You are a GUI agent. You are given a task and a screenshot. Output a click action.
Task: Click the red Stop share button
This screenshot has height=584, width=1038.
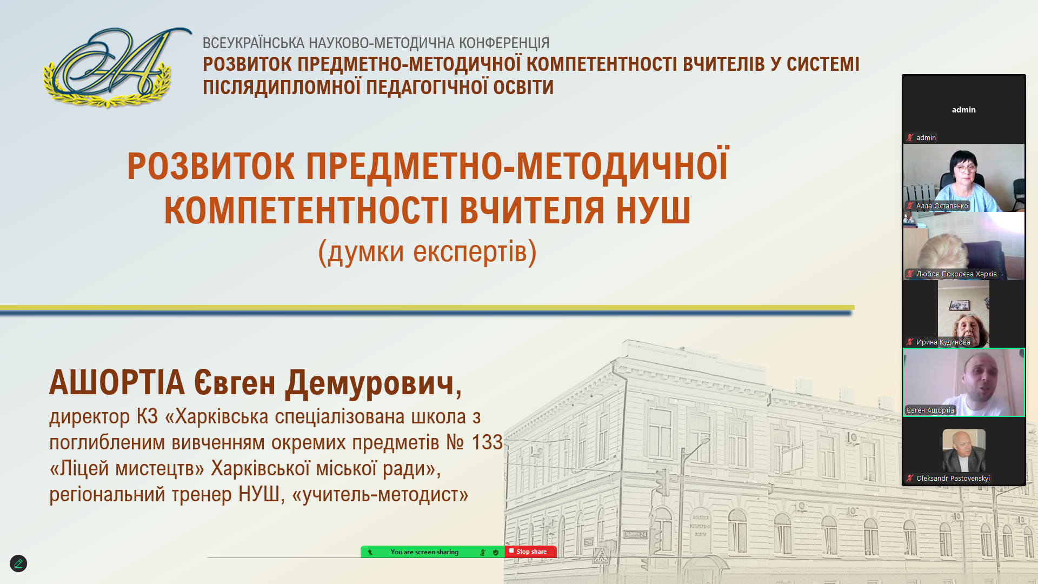(x=530, y=552)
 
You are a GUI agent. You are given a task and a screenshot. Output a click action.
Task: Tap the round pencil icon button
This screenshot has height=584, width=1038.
(x=18, y=563)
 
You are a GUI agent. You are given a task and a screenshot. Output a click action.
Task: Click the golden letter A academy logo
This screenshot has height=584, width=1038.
(x=117, y=68)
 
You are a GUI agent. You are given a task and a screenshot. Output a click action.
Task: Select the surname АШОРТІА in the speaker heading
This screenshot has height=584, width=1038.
(x=117, y=382)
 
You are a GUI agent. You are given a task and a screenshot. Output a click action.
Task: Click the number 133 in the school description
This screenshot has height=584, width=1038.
(x=487, y=442)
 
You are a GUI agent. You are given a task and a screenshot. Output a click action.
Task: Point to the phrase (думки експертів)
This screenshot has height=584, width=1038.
(x=427, y=251)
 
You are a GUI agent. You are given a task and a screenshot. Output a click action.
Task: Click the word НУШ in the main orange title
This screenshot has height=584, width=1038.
(x=653, y=210)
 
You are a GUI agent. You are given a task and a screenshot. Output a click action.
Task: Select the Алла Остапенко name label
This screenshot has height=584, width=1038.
(x=942, y=205)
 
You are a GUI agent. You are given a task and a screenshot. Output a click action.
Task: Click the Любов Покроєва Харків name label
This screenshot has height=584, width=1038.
(x=956, y=274)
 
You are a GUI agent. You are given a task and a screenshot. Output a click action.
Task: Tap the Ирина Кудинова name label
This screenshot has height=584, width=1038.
(x=943, y=342)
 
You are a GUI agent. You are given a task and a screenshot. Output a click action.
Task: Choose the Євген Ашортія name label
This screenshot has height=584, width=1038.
(x=930, y=410)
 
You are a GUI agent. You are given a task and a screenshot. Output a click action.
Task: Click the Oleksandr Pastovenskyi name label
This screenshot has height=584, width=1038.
(x=953, y=478)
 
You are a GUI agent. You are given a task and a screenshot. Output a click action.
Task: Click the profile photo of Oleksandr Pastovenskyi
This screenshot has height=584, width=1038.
(x=964, y=450)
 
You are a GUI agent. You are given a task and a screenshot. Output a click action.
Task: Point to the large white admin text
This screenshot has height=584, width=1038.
(x=964, y=110)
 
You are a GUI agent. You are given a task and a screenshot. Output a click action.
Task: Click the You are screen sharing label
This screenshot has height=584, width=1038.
(x=424, y=552)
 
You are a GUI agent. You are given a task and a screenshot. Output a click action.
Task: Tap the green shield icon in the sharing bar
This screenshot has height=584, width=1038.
(x=496, y=552)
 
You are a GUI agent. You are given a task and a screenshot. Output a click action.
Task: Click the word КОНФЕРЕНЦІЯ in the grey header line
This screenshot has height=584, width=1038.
(x=504, y=43)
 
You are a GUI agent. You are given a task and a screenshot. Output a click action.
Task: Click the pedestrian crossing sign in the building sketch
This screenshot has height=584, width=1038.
(x=601, y=555)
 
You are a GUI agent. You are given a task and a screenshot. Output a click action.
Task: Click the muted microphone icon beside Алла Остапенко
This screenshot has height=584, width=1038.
(x=910, y=205)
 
